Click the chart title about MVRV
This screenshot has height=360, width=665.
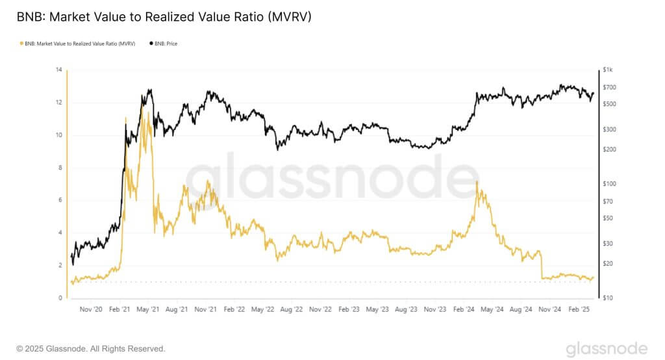pos(164,18)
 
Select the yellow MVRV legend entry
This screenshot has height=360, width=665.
pos(77,44)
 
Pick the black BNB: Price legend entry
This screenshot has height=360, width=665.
pos(164,44)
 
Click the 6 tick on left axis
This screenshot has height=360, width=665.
pos(59,200)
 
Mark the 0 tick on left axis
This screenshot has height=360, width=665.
pos(59,298)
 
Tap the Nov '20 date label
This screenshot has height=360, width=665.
pos(91,309)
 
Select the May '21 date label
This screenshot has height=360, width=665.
pos(149,309)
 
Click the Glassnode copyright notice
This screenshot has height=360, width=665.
pos(91,349)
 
